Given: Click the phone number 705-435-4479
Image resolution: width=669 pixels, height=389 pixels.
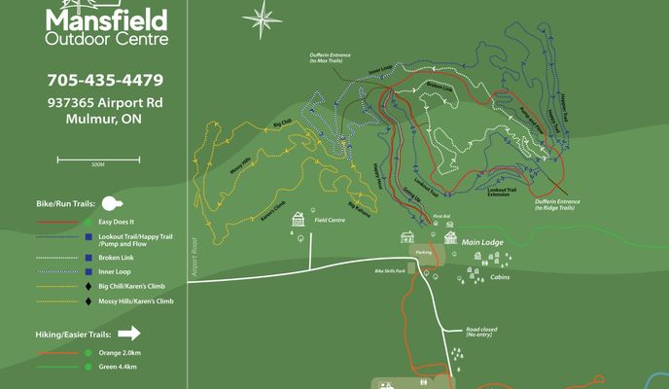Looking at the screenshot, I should [x=105, y=80].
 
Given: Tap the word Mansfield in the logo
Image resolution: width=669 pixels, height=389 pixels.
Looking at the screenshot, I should [x=106, y=18].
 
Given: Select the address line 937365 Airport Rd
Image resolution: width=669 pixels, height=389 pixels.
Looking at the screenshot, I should [x=105, y=102].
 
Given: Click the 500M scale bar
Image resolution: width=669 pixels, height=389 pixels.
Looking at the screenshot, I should [x=97, y=158].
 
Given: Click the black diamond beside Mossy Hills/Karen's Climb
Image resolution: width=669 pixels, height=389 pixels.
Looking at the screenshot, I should [x=88, y=301].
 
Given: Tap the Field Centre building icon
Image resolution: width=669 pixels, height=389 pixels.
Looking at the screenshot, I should [x=299, y=220].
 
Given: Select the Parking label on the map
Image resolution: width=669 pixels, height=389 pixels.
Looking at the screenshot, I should [x=424, y=252].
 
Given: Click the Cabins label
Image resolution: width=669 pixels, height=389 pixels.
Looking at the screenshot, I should [x=501, y=276].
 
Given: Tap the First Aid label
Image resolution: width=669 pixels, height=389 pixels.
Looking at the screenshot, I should [x=441, y=216].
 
